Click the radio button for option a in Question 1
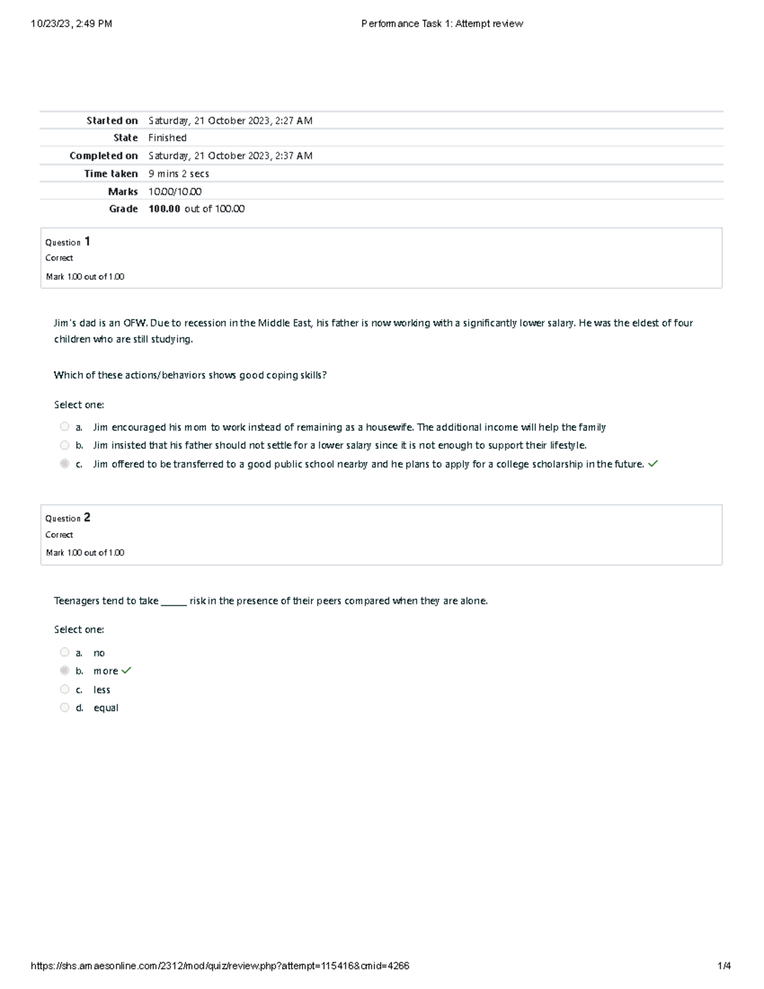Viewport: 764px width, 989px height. tap(64, 427)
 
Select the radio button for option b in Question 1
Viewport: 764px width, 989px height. tap(64, 445)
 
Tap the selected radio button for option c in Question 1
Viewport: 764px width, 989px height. tap(64, 464)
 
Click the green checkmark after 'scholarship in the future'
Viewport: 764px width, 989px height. tap(653, 464)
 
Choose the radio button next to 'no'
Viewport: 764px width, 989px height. tap(64, 652)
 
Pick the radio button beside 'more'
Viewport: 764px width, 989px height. tap(64, 670)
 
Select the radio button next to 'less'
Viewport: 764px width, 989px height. tap(64, 689)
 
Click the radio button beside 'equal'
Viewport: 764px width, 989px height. tap(64, 707)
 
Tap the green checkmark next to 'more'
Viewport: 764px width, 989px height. tap(126, 670)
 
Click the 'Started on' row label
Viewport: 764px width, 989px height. tap(112, 120)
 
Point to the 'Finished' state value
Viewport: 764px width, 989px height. tap(167, 138)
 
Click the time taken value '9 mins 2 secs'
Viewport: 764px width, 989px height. tap(179, 173)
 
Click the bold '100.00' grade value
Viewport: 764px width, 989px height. tap(164, 209)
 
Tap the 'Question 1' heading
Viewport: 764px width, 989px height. tap(67, 242)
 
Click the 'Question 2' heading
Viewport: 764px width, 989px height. tap(67, 518)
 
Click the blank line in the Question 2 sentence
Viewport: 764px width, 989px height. tap(174, 601)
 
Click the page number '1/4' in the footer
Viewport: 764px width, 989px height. tap(724, 965)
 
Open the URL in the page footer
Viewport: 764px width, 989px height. tap(220, 965)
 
